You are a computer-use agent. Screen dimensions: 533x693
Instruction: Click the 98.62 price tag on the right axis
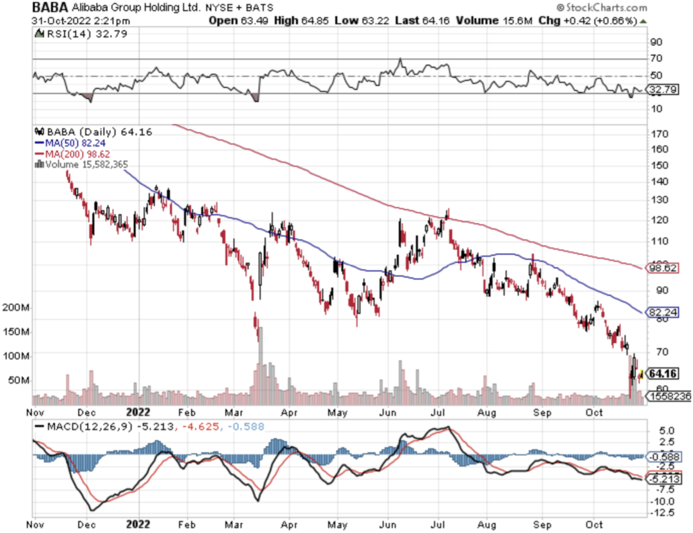click(662, 268)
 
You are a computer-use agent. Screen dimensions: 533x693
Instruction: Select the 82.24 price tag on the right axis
click(662, 312)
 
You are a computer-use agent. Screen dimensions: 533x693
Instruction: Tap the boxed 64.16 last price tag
click(663, 374)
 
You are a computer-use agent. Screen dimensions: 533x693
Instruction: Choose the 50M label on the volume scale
click(17, 380)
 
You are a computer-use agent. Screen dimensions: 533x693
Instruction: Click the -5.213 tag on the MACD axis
click(663, 479)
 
